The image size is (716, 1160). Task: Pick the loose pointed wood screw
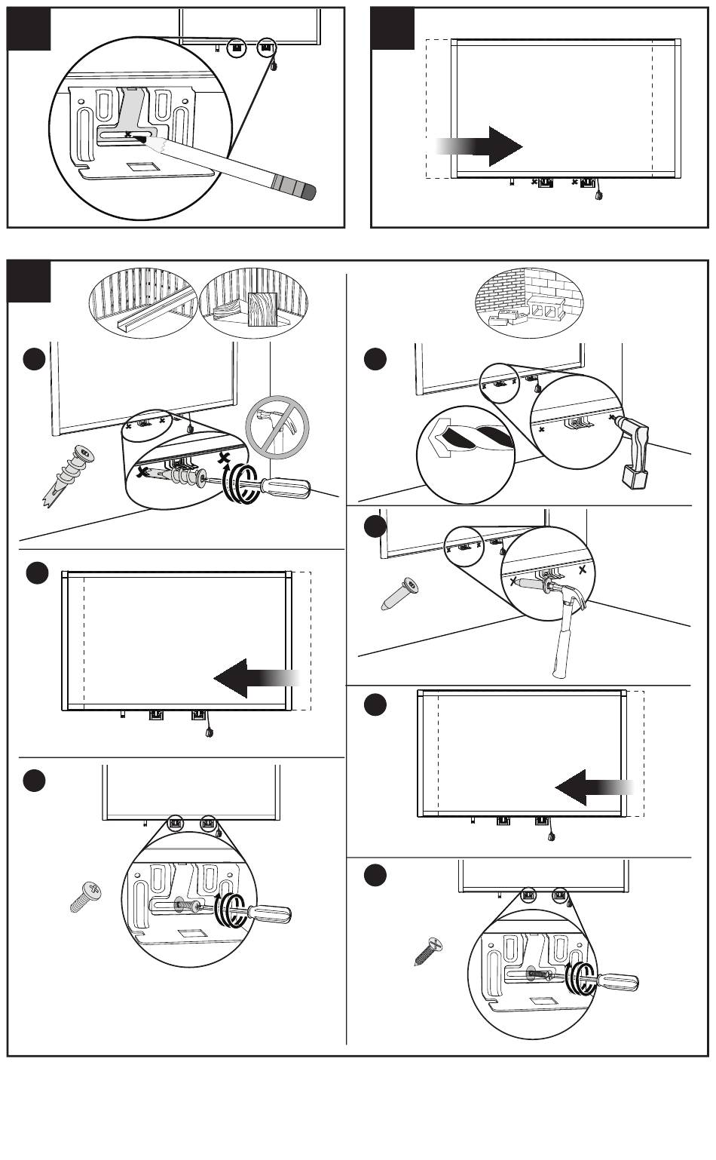pos(427,953)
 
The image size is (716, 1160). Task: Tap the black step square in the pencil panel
pos(29,29)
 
